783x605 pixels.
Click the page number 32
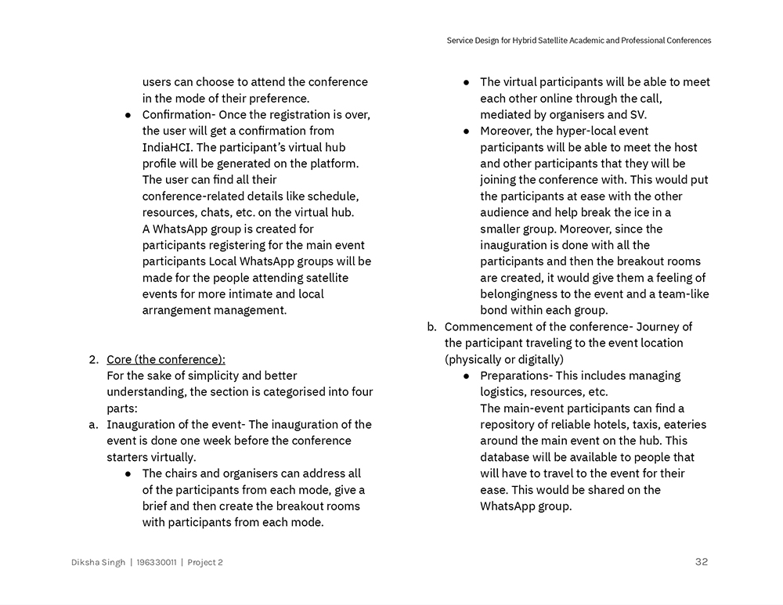[x=701, y=562]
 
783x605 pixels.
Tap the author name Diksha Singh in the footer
[x=98, y=563]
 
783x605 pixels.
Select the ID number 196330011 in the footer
[x=156, y=563]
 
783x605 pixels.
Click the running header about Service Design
[x=579, y=41]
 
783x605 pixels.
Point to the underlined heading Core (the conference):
[x=166, y=359]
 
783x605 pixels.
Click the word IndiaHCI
[x=168, y=147]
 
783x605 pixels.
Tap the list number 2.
[x=93, y=359]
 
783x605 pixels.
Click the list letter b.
[x=431, y=326]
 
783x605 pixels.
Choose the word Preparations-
[x=516, y=376]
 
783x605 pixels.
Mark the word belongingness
[x=518, y=294]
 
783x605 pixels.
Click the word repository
[x=509, y=424]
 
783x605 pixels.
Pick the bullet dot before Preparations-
[x=466, y=376]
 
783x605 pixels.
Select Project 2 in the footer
[x=205, y=563]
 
